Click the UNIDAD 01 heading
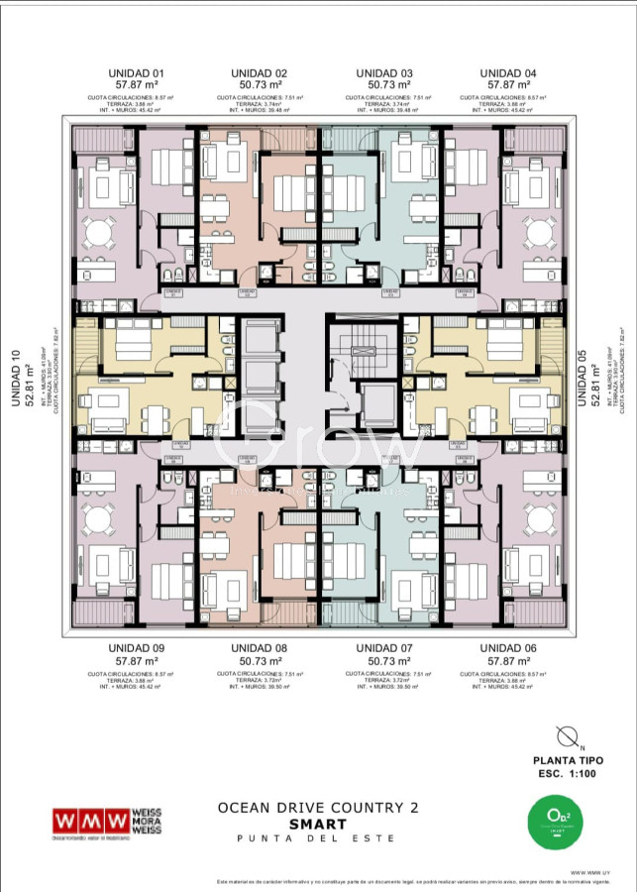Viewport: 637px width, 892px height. [x=136, y=73]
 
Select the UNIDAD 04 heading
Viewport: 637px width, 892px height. [x=508, y=73]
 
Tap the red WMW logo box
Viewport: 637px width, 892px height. [x=91, y=822]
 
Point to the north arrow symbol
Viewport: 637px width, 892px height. [x=568, y=736]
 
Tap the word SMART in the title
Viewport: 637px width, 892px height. [x=317, y=824]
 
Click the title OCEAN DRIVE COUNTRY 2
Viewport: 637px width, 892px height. [x=317, y=808]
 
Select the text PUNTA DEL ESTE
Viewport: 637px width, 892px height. [x=317, y=838]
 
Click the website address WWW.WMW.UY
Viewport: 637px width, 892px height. [x=589, y=872]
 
